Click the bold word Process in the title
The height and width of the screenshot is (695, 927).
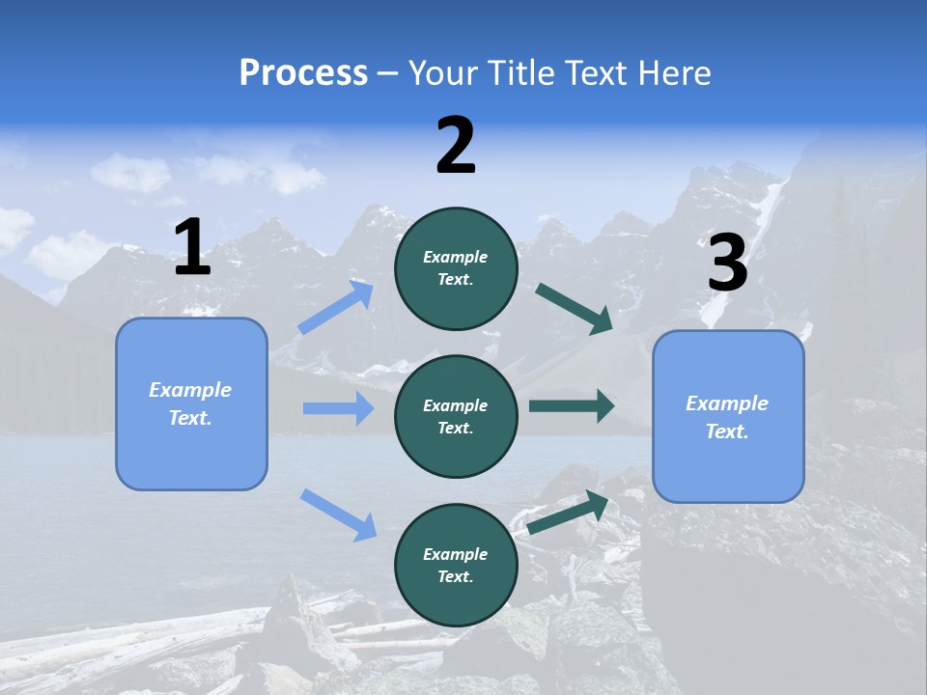coord(303,72)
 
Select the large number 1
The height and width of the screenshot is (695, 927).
coord(192,248)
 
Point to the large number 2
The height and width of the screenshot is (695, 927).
coord(456,146)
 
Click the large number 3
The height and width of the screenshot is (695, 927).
coord(727,264)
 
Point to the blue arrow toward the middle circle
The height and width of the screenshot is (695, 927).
coord(338,408)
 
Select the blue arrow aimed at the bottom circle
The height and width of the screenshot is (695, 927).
coord(338,514)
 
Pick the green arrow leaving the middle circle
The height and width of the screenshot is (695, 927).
coord(572,405)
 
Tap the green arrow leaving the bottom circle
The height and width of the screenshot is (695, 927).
coord(568,512)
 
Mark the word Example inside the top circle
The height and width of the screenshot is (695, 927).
coord(456,257)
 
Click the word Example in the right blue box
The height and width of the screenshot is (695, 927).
coord(727,403)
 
